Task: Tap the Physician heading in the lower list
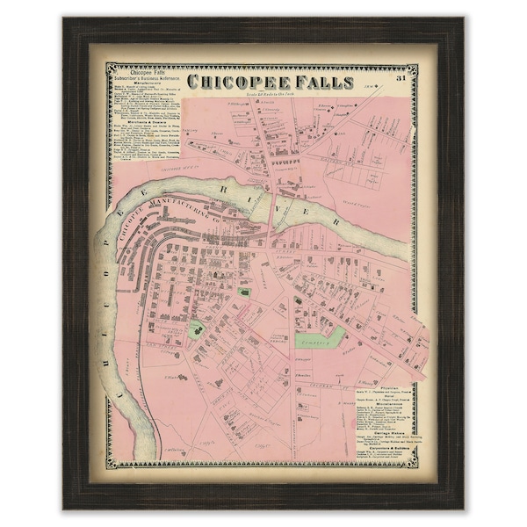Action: coord(393,384)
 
